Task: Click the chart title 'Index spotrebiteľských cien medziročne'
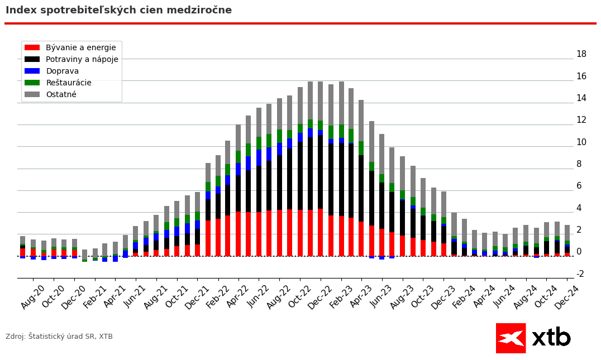tap(118, 11)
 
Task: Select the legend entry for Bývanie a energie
tap(81, 48)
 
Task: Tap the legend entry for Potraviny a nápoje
tap(82, 60)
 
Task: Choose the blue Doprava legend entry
tap(62, 71)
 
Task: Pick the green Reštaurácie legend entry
tap(69, 83)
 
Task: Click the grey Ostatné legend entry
tap(61, 95)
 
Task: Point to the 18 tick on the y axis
tap(581, 54)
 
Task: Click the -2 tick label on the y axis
tap(580, 274)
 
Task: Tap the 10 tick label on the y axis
tap(581, 142)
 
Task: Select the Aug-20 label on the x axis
tap(33, 297)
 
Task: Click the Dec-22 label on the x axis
tap(321, 297)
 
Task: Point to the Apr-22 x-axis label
tap(239, 297)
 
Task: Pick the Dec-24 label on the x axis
tap(567, 297)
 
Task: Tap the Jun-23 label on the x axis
tap(382, 297)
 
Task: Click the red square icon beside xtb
tap(511, 338)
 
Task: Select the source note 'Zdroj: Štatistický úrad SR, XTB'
tap(59, 337)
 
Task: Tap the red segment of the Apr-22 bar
tap(239, 234)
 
